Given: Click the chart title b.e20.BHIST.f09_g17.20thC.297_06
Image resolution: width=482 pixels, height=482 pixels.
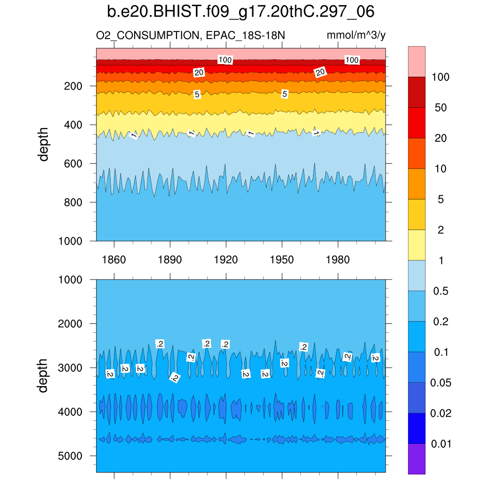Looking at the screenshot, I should coord(241,11).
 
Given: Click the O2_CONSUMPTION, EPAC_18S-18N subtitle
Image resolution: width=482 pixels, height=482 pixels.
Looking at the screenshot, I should coord(190,35).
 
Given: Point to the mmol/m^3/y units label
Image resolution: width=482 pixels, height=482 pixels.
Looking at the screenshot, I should coord(356,35).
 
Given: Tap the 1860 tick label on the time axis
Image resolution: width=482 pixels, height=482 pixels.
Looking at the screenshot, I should coord(114,260).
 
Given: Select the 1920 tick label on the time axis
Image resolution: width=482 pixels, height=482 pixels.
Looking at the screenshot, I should coord(226,260).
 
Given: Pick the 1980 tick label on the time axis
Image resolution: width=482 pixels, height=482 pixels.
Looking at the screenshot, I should coord(338,260).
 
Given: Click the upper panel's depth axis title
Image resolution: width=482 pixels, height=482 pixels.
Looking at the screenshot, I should coord(44,144).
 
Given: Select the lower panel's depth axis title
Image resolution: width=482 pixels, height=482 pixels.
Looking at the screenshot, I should coord(44,376).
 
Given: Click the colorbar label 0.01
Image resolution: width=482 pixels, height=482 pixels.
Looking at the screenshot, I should coord(441,444).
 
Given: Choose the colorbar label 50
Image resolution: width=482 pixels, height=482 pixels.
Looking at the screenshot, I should coord(441,108).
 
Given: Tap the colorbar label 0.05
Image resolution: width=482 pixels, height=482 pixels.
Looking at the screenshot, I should coord(441,383).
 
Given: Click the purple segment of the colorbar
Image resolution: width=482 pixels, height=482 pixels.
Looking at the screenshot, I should coord(417,459).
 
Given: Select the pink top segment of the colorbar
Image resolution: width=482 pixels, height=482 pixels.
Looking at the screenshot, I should coord(417,61).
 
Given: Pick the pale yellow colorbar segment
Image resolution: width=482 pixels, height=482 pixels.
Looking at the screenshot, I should coord(417,245).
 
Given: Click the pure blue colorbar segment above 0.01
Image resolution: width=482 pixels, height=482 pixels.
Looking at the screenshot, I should coord(417,428).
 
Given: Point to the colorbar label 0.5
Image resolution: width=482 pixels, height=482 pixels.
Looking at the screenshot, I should coord(441,291).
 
